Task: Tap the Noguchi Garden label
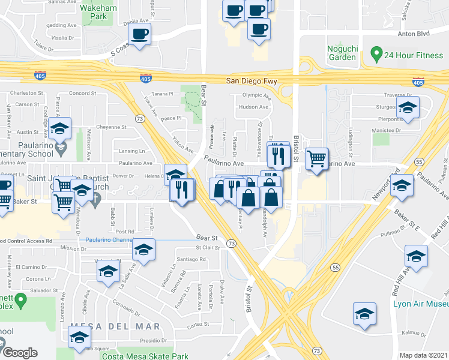pyautogui.click(x=342, y=53)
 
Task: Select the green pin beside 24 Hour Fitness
pyautogui.click(x=376, y=55)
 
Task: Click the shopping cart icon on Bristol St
pyautogui.click(x=316, y=159)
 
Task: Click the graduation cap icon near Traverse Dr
pyautogui.click(x=407, y=107)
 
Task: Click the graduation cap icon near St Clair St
pyautogui.click(x=143, y=250)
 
